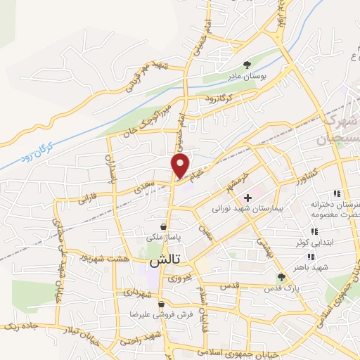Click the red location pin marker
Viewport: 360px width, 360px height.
[x=181, y=165]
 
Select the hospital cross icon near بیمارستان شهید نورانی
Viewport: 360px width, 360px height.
[x=247, y=198]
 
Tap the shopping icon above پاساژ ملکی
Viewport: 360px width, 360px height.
[x=164, y=227]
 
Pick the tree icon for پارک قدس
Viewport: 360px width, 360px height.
[x=281, y=278]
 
